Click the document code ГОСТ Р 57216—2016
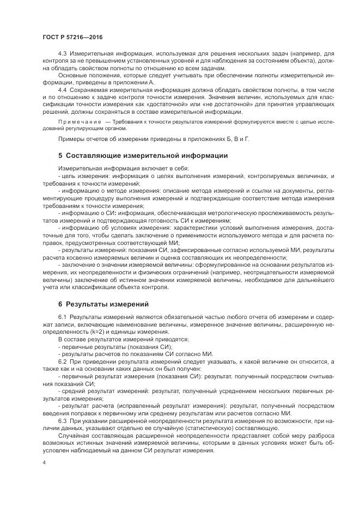72,37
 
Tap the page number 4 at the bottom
44,462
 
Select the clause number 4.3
62,54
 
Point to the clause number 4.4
62,88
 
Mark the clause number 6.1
62,316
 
